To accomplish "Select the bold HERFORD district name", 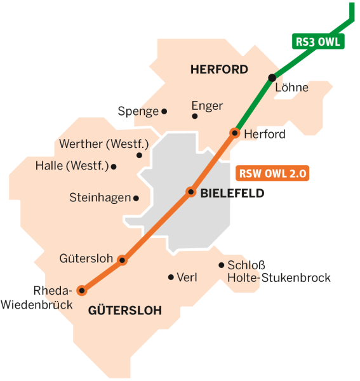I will coord(219,70).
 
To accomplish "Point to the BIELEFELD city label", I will coord(232,194).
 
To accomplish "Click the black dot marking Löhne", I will coord(272,77).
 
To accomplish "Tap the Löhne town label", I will coord(291,88).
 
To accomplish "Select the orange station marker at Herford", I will coord(235,133).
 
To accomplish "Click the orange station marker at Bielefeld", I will coord(190,192).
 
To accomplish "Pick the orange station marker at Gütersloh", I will coord(123,260).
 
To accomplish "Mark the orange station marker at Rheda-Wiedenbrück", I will coord(81,291).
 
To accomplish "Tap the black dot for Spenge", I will coord(164,111).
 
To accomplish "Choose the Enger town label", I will coord(207,106).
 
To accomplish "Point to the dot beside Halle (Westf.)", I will coord(114,167).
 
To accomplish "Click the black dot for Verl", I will coord(170,277).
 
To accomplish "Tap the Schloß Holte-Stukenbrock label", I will coord(278,272).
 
